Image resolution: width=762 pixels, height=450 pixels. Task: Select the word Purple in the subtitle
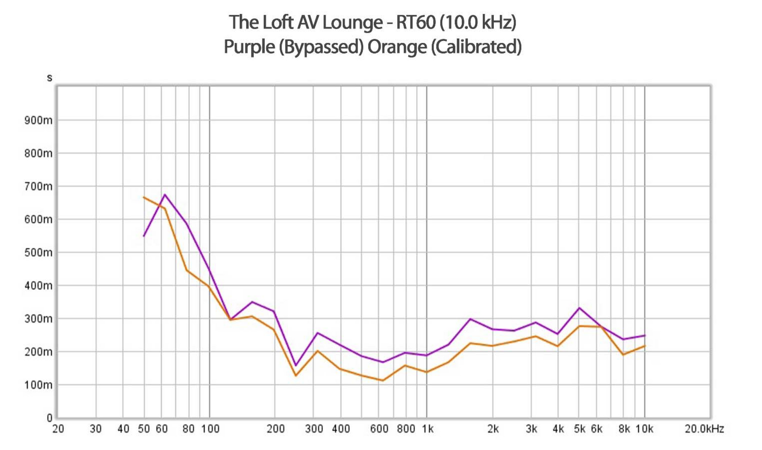coord(249,47)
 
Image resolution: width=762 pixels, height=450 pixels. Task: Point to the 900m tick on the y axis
coord(38,120)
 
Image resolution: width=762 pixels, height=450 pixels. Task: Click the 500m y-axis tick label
coord(38,252)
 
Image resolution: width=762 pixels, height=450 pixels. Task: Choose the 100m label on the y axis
coord(38,385)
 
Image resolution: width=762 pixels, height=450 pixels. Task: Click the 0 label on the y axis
coord(49,418)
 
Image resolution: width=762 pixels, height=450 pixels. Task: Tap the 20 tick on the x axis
coord(58,429)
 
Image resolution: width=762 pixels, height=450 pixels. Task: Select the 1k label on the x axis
coord(427,429)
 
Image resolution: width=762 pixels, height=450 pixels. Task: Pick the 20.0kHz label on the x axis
coord(704,429)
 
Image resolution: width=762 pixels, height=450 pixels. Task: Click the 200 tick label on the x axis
coord(275,429)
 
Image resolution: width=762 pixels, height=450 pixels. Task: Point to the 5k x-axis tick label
coord(580,429)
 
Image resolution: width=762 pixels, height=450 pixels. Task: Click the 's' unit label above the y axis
coord(50,78)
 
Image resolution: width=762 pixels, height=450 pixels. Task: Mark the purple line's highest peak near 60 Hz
coord(165,194)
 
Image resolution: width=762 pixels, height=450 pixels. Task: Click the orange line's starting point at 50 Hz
coord(144,197)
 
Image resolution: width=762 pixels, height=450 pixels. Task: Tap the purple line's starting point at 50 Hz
coord(144,236)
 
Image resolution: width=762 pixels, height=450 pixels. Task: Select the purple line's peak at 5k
coord(579,308)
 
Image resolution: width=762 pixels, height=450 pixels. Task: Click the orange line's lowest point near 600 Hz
coord(382,380)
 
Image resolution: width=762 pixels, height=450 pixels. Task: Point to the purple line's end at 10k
coord(645,335)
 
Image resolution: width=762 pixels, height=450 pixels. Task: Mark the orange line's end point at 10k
coord(645,346)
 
